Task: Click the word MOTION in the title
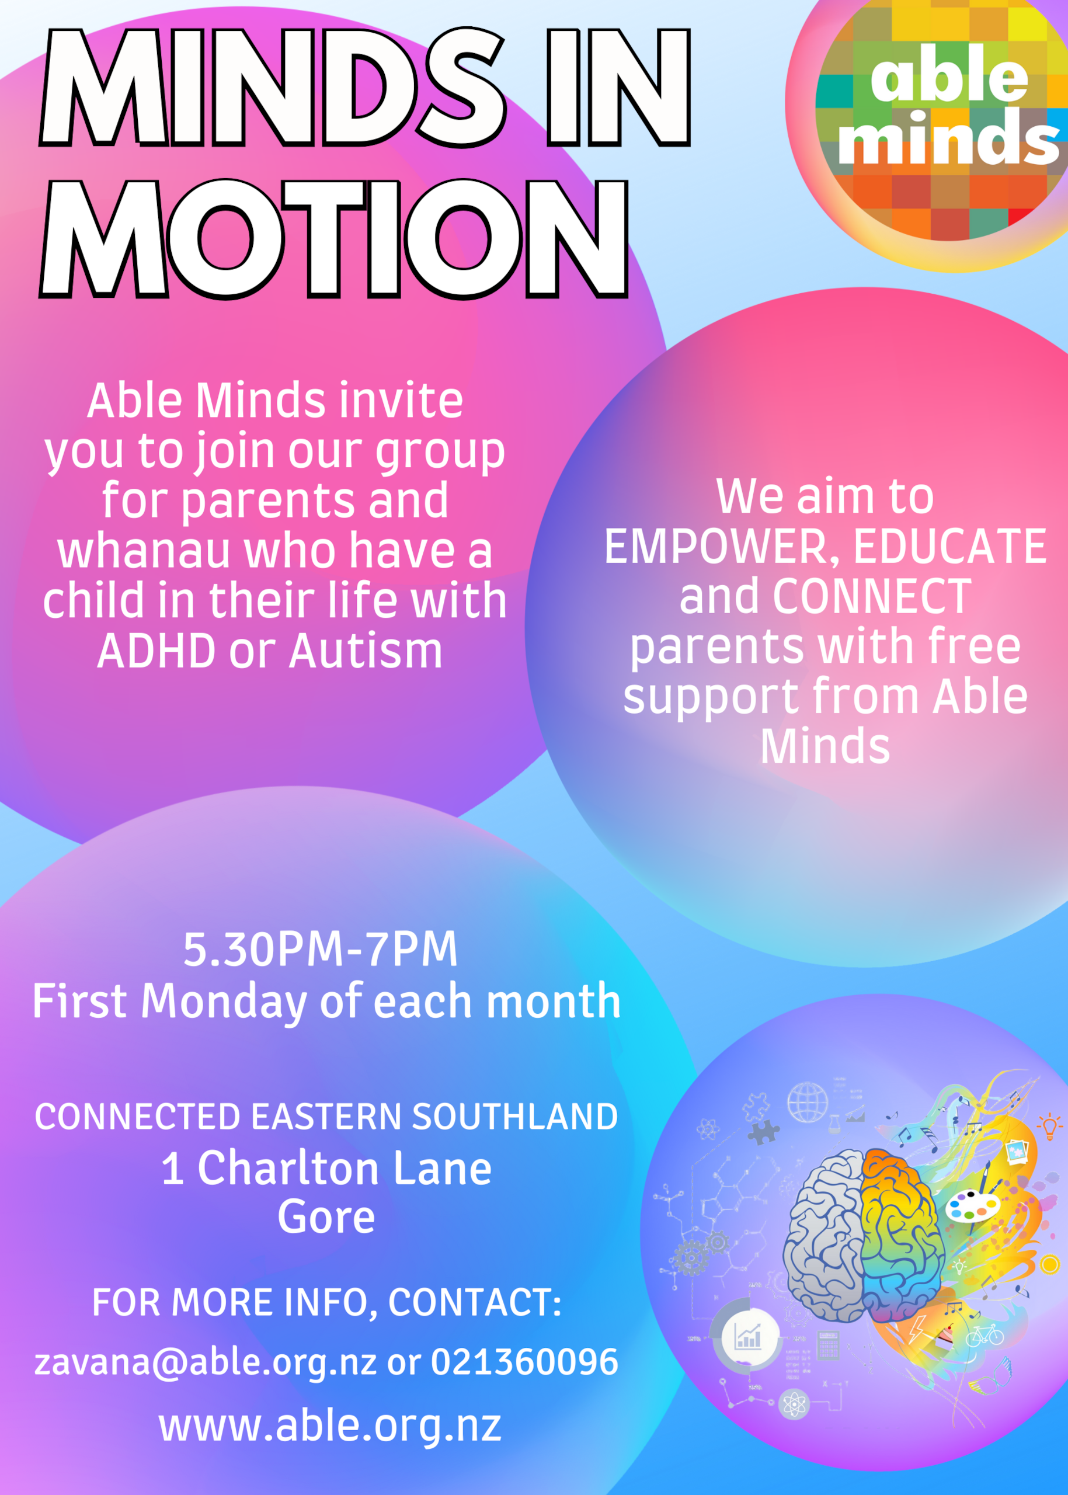point(334,238)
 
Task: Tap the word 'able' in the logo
point(949,74)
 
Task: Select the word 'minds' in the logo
point(947,136)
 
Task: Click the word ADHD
point(156,651)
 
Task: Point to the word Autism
point(366,651)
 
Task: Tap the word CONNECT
point(871,597)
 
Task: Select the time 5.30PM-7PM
point(320,949)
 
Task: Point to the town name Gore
point(326,1217)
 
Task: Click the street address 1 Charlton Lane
point(327,1168)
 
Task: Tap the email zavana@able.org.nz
point(206,1361)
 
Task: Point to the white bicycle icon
point(984,1334)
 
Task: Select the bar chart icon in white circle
point(748,1337)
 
